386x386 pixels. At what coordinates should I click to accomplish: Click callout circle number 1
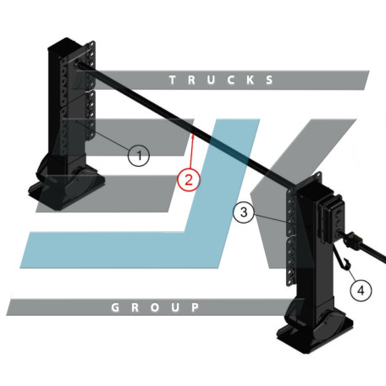(x=139, y=156)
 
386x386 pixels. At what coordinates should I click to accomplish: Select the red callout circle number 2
(x=189, y=179)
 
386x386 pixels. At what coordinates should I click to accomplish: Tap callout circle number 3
(x=244, y=212)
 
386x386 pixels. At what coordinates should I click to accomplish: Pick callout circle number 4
(x=361, y=290)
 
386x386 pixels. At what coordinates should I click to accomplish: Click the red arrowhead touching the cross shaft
(x=193, y=137)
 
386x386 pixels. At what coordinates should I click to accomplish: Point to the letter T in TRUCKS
(x=173, y=80)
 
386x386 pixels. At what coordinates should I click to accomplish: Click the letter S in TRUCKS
(x=270, y=80)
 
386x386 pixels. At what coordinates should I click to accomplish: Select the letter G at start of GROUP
(x=115, y=307)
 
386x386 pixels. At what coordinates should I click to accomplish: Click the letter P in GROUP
(x=196, y=307)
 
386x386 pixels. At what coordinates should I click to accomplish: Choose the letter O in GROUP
(x=155, y=307)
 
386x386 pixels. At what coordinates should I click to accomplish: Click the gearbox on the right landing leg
(x=331, y=218)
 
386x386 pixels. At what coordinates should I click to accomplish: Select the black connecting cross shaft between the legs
(x=186, y=125)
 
